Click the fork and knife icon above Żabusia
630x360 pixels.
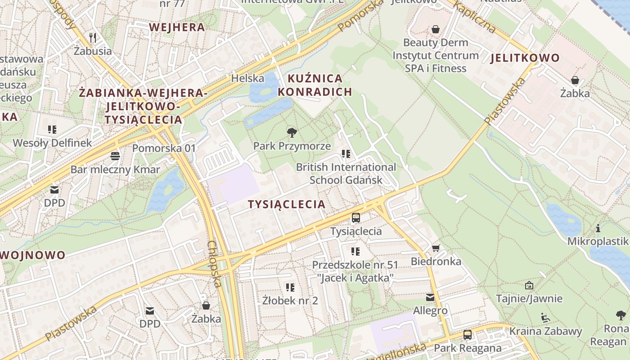pos(93,37)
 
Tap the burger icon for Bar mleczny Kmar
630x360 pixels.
pos(115,156)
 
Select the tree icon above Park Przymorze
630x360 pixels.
pos(292,132)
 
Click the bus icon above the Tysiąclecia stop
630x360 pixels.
pos(356,218)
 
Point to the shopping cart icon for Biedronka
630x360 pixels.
pos(436,248)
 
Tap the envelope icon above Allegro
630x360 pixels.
pos(430,297)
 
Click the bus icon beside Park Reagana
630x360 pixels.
pos(468,335)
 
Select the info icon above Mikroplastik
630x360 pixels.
pos(598,228)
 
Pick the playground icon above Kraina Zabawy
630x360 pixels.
pos(545,318)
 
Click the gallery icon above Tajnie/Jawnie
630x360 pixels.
pos(529,285)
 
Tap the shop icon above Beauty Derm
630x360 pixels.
pos(436,29)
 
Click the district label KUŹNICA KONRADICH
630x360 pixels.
pos(315,85)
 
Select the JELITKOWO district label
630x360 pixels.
pos(525,58)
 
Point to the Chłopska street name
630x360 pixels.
pos(215,264)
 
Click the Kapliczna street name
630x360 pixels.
pos(474,17)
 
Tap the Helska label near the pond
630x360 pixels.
pos(247,78)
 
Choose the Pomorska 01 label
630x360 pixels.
pos(164,148)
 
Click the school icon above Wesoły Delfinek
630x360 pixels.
pos(52,130)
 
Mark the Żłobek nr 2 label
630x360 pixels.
pos(290,300)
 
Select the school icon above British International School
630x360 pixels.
pos(346,154)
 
